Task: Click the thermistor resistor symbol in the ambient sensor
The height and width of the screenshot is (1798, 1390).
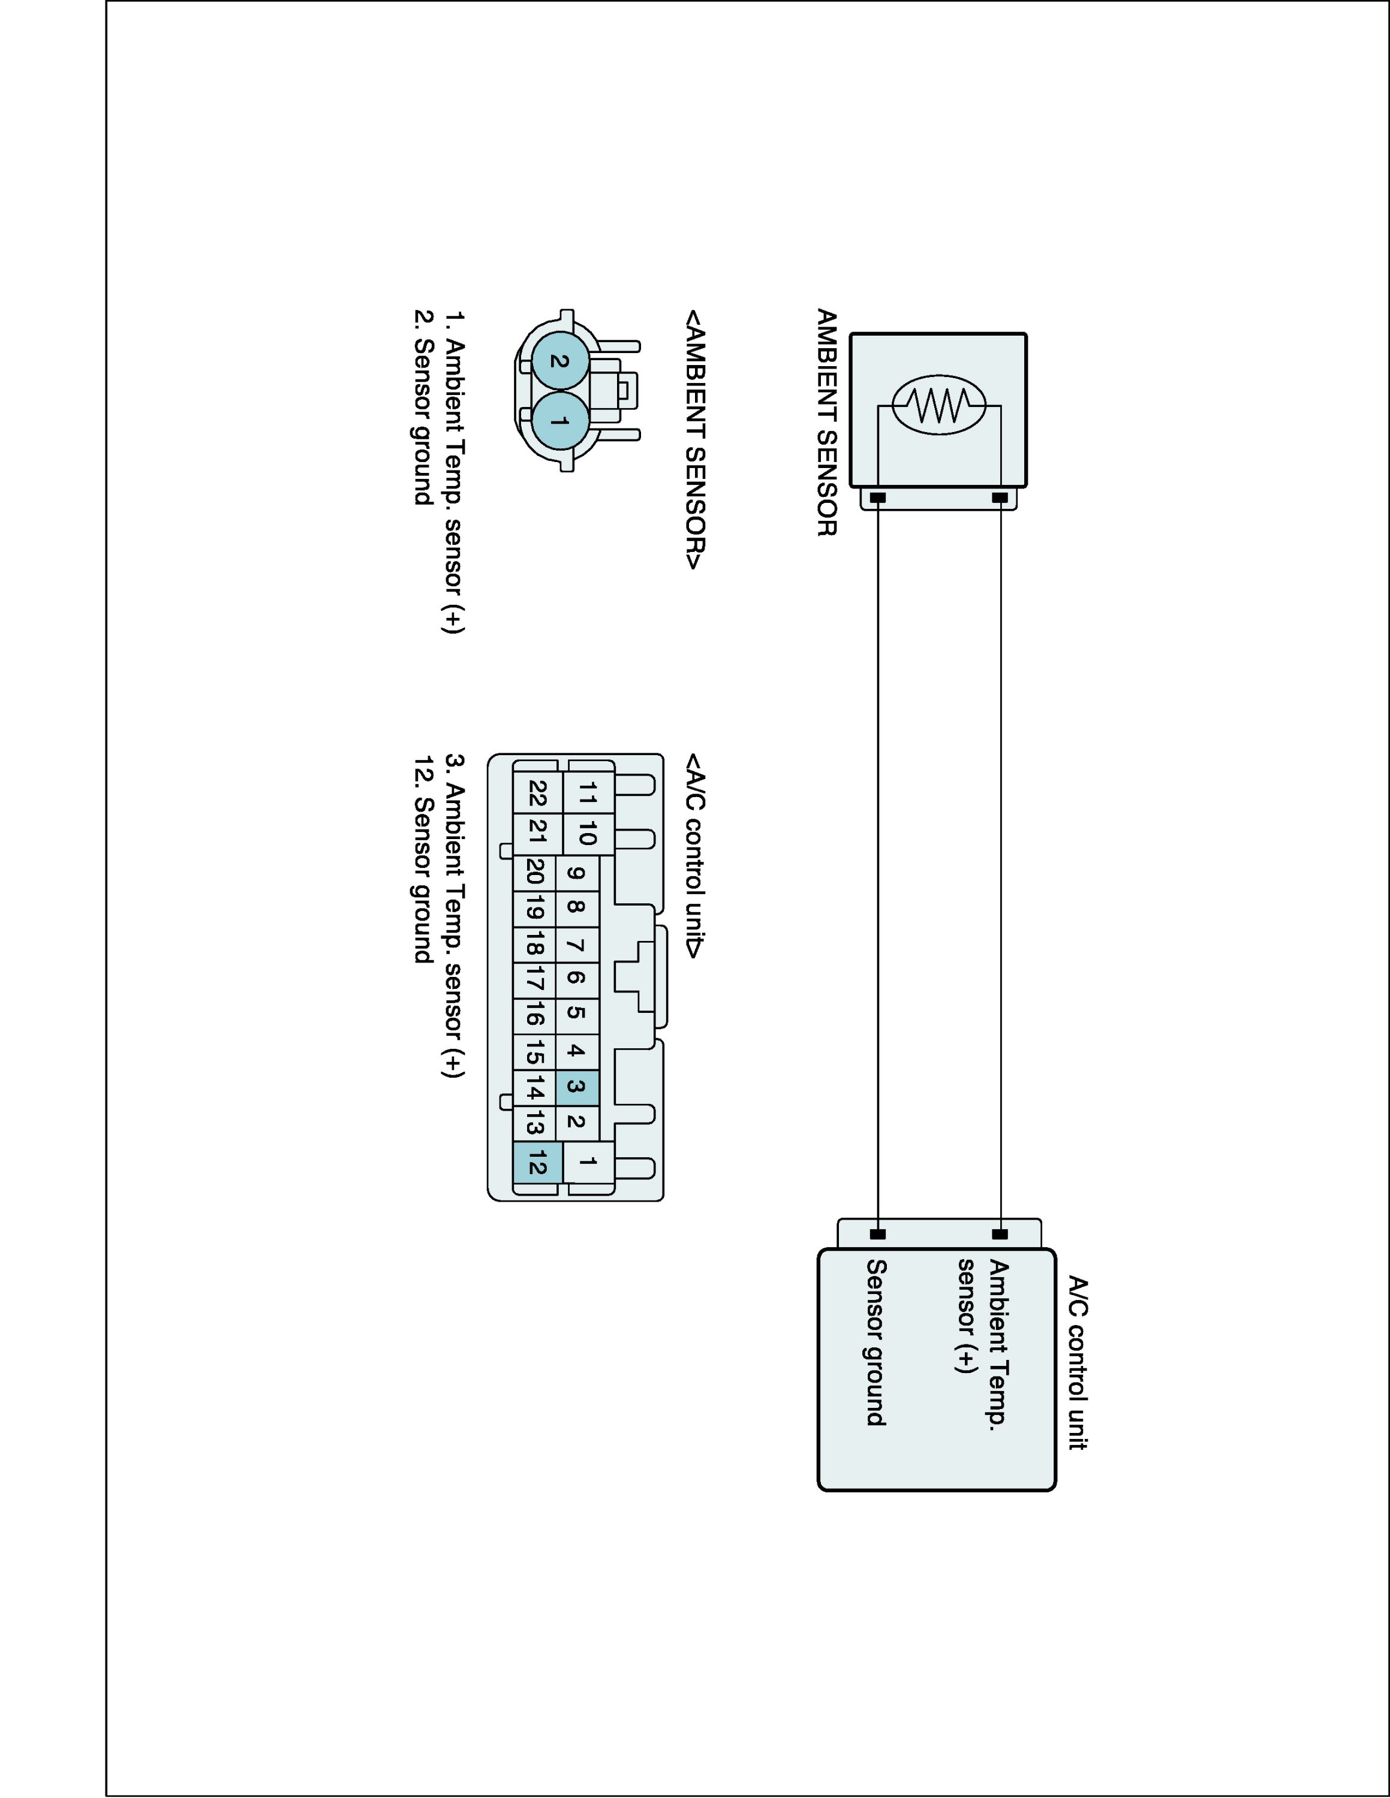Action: pos(938,406)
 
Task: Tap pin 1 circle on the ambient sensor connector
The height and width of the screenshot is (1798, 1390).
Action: pos(560,421)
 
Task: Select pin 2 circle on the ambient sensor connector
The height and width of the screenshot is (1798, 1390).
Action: pos(560,361)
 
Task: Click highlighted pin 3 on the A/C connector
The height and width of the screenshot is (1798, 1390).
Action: pos(576,1087)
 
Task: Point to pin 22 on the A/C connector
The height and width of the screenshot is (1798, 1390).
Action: pos(537,794)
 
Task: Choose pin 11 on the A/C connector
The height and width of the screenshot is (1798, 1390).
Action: pos(587,794)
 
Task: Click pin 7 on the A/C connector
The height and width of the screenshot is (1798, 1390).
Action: pos(576,945)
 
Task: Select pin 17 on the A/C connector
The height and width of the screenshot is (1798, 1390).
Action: pos(534,981)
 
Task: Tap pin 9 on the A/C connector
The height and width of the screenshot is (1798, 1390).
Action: pos(576,873)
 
